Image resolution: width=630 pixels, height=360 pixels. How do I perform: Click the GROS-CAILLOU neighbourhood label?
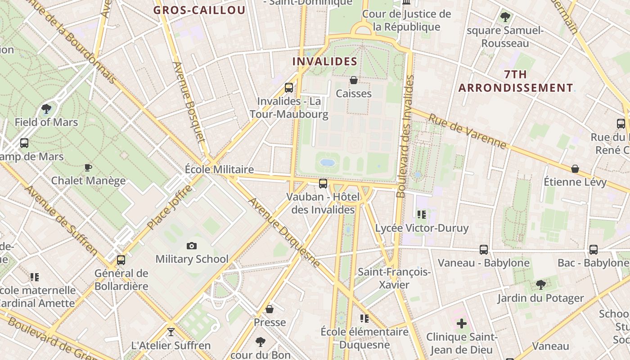(x=199, y=10)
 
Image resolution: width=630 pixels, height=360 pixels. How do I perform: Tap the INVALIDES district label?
(x=325, y=61)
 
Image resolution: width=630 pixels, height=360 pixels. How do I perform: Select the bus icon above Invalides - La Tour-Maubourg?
(x=289, y=87)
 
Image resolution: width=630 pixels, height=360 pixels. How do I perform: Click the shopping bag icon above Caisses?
(x=354, y=80)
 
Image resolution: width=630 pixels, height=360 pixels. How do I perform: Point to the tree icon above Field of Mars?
(x=46, y=108)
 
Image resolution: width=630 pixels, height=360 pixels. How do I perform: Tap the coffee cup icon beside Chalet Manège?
(x=88, y=167)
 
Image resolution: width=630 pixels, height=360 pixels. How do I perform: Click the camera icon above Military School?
(x=192, y=246)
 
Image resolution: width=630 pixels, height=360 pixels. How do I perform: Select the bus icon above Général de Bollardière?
(x=121, y=260)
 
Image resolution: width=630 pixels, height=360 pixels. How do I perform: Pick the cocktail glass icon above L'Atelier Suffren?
(x=171, y=332)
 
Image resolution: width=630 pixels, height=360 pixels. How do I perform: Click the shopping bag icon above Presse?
(x=270, y=309)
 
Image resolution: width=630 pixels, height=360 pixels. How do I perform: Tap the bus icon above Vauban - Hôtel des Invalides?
(x=323, y=183)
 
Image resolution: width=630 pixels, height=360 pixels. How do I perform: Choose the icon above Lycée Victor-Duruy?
(x=421, y=214)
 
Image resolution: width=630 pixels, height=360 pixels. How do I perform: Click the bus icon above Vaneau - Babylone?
(x=484, y=249)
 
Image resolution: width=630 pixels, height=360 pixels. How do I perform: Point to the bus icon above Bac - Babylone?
(x=594, y=249)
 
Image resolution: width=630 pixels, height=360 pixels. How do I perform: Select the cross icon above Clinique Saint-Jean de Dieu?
(x=462, y=323)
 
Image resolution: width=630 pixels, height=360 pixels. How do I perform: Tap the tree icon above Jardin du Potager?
(x=540, y=284)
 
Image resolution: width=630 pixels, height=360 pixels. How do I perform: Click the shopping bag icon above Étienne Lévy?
(x=575, y=169)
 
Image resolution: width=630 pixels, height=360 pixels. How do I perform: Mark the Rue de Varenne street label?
(x=467, y=131)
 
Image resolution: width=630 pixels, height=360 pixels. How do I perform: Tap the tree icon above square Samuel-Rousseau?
(x=505, y=17)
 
